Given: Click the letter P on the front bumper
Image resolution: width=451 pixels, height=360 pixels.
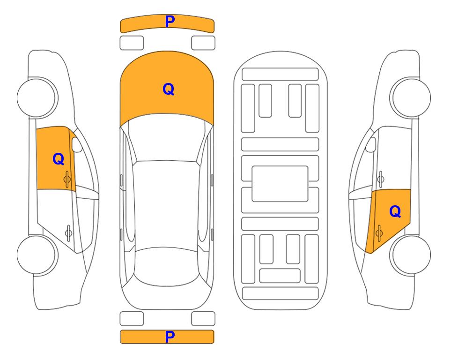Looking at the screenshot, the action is click(170, 22).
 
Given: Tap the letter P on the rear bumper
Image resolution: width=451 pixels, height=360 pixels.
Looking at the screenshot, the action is click(170, 337).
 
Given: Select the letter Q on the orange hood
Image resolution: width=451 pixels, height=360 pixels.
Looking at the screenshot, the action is click(169, 89).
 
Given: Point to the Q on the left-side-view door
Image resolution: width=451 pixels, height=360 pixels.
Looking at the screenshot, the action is click(59, 159).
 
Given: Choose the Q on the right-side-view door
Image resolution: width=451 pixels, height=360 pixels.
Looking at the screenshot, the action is click(395, 212).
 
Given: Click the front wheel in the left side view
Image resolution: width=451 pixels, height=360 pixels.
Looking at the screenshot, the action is click(37, 97).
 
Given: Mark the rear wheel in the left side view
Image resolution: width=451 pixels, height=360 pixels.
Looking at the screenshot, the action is click(37, 255).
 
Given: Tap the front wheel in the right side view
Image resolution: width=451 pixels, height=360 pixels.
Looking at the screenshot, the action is click(411, 97).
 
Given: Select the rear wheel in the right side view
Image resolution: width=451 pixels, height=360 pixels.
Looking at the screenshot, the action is click(411, 255).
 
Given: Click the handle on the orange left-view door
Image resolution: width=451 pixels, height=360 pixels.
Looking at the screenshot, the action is click(67, 179).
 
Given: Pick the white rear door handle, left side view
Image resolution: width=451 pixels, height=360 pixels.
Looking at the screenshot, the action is click(68, 232).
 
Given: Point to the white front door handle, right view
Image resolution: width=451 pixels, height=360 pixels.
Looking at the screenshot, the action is click(381, 179).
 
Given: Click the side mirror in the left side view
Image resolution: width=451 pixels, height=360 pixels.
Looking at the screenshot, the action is click(76, 144).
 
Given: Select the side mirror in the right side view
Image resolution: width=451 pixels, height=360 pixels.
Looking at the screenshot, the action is click(370, 144).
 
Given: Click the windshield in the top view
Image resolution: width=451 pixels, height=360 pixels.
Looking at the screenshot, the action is click(167, 138).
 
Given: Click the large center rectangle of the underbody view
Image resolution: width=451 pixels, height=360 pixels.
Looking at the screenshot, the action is click(280, 184).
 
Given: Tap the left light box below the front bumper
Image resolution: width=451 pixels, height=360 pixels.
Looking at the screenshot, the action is click(132, 43).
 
